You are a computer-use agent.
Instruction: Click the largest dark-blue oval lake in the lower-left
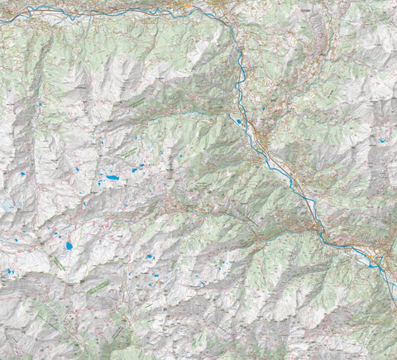pyautogui.click(x=69, y=246)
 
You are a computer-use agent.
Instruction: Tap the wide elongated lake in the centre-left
pyautogui.click(x=112, y=178)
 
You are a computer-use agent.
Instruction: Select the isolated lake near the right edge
pyautogui.click(x=382, y=142)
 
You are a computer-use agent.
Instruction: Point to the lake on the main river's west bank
pyautogui.click(x=239, y=122)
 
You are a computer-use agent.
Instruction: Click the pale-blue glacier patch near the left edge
pyautogui.click(x=7, y=204)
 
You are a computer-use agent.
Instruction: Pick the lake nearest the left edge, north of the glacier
pyautogui.click(x=22, y=175)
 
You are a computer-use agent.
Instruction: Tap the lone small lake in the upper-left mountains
pyautogui.click(x=40, y=104)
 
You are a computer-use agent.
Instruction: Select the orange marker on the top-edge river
pyautogui.click(x=189, y=7)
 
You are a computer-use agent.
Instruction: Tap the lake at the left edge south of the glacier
pyautogui.click(x=10, y=271)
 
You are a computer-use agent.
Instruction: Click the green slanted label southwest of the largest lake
pyautogui.click(x=58, y=263)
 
